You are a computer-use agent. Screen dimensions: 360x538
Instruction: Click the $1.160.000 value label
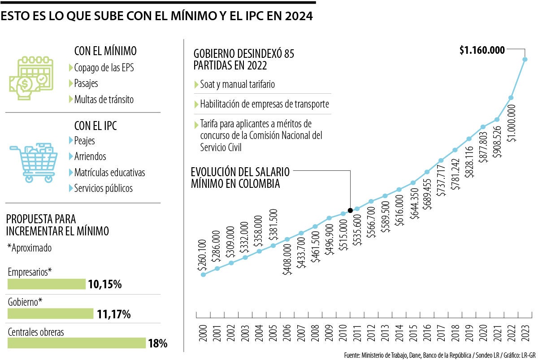click(x=482, y=50)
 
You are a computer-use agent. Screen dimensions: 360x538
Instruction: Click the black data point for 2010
click(x=350, y=210)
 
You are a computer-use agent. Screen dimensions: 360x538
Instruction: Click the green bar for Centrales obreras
click(x=77, y=343)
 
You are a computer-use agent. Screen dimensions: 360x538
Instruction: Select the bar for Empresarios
click(x=47, y=284)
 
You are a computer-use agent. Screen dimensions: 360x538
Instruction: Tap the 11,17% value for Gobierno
click(x=114, y=314)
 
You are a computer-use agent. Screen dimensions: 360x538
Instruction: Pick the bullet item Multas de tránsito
click(x=104, y=100)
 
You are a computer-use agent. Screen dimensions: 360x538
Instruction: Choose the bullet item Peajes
click(x=84, y=141)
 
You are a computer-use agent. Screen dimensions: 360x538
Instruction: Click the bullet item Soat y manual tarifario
click(x=237, y=84)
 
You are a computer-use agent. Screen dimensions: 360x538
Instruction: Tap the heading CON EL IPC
click(x=95, y=126)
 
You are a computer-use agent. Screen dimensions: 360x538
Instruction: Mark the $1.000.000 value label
click(x=512, y=124)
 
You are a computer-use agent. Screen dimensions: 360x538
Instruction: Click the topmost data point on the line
click(x=525, y=59)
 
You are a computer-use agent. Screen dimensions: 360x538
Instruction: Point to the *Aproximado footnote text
click(x=30, y=247)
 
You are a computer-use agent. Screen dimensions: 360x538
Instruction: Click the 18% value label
click(x=158, y=344)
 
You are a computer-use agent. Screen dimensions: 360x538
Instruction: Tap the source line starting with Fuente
click(x=439, y=355)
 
